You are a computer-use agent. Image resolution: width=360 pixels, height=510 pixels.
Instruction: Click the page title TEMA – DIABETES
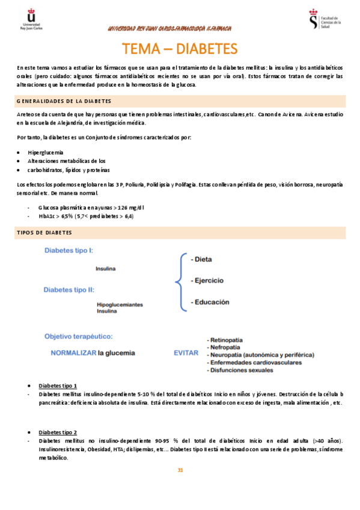[x=180, y=48]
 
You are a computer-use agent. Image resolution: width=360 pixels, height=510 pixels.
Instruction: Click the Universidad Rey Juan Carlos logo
[x=31, y=19]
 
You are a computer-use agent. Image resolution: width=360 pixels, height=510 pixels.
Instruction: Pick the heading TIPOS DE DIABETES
[x=44, y=232]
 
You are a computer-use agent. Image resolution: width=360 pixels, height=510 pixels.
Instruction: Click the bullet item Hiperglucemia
[x=46, y=153]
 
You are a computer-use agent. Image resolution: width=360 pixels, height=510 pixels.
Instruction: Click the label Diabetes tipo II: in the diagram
[x=68, y=289]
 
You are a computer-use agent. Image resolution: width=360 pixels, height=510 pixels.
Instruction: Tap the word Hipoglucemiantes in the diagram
[x=120, y=305]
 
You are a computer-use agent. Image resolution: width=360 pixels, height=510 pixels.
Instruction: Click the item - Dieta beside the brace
[x=201, y=260]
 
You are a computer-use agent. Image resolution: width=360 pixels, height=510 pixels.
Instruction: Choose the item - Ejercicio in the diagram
[x=206, y=281]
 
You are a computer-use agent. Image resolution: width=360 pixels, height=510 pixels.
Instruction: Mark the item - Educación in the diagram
[x=209, y=303]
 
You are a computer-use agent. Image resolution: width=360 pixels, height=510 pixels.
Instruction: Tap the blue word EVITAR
[x=186, y=352]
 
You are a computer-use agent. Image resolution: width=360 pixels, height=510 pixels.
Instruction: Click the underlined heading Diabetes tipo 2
[x=58, y=432]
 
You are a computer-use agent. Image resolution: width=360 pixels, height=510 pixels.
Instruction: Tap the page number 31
[x=180, y=470]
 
